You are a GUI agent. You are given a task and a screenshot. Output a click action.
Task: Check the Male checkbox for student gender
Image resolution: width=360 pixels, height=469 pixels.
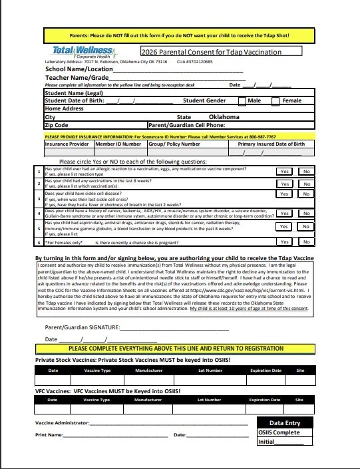coord(242,101)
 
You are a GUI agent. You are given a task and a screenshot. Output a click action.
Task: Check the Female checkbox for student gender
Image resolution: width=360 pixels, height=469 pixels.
coord(275,101)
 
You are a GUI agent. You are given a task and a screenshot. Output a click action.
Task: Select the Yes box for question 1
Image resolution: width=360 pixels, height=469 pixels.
coord(284,171)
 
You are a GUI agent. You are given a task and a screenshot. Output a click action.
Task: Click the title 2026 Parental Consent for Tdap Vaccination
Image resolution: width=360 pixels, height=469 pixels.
coord(211,52)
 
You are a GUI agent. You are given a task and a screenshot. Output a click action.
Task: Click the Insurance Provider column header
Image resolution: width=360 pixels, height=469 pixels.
coord(67,144)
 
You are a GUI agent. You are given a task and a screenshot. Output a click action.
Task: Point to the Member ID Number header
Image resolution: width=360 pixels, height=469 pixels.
coord(118,144)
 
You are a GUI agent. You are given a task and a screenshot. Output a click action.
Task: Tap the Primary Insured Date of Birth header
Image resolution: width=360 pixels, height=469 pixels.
coord(271,144)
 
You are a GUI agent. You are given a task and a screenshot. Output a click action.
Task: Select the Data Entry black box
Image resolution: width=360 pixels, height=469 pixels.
coord(284,422)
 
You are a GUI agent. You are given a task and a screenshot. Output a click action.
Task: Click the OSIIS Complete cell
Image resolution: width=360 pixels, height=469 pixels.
coord(279,432)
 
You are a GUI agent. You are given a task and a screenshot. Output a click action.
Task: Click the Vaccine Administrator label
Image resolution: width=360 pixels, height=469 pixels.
coord(62,423)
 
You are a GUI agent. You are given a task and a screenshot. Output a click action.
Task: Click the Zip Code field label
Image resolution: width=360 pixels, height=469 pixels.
coord(57,124)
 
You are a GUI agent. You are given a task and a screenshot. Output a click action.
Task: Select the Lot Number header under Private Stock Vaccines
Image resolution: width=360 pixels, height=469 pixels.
coord(210,371)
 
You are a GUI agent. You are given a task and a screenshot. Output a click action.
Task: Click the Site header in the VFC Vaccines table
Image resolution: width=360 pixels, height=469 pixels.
coord(299,400)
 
